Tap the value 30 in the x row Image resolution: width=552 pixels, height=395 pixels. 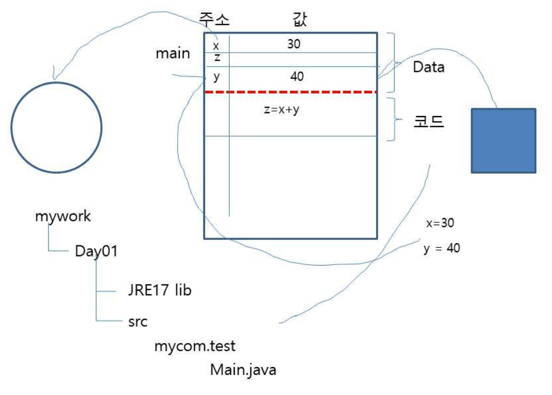[294, 44]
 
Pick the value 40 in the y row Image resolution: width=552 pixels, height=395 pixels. [297, 76]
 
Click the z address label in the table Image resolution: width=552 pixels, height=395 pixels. [217, 58]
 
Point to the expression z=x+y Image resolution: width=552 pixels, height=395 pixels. [281, 110]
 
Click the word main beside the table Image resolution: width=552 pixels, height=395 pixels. [173, 54]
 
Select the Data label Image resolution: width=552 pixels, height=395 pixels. [429, 67]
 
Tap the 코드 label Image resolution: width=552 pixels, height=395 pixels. [429, 122]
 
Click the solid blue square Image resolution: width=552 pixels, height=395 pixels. [503, 140]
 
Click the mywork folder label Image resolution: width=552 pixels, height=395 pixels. [63, 217]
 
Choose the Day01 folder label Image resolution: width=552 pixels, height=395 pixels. [96, 251]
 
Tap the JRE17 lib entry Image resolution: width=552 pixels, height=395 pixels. [160, 291]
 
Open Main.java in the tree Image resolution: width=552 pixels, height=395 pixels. [243, 370]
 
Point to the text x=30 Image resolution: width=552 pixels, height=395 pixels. [440, 223]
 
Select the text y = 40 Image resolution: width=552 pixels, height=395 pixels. [442, 248]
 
